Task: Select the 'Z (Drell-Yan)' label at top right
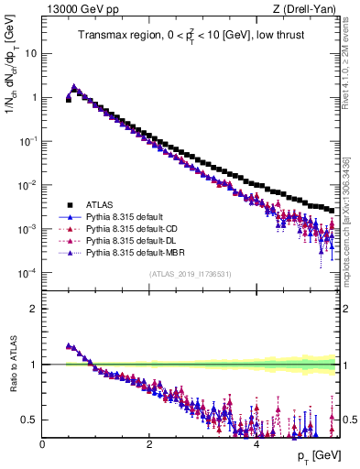308,9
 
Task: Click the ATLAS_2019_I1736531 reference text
190,275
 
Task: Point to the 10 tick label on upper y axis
30,53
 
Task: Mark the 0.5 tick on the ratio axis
29,420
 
